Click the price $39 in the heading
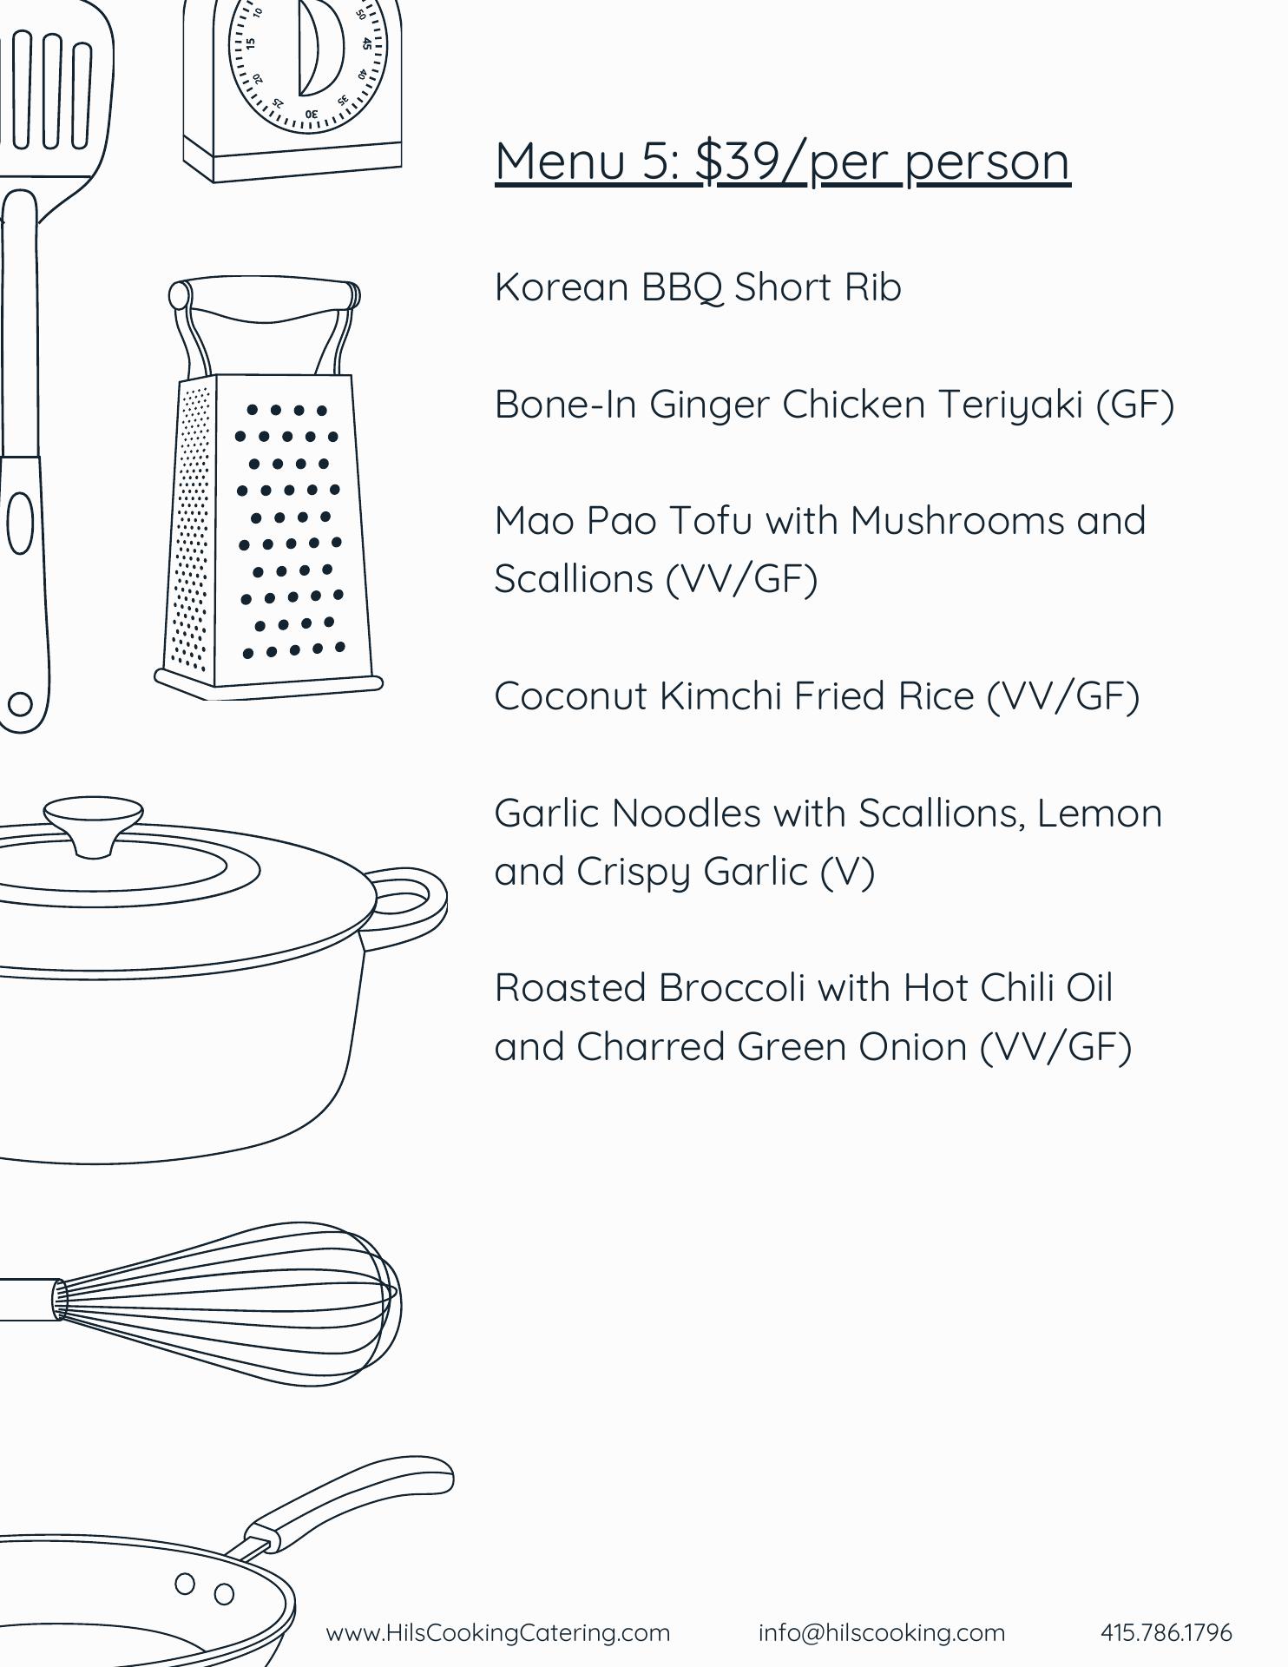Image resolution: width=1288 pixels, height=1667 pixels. pyautogui.click(x=738, y=161)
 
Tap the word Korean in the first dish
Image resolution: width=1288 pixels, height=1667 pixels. pyautogui.click(x=562, y=287)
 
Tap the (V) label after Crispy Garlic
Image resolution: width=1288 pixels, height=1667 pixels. pyautogui.click(x=847, y=872)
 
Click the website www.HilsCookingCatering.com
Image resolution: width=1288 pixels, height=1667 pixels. pyautogui.click(x=498, y=1633)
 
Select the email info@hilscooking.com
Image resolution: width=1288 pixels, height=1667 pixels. pyautogui.click(x=882, y=1633)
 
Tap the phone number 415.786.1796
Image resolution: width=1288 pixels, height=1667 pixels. pyautogui.click(x=1166, y=1633)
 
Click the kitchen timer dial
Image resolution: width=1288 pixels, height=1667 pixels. pyautogui.click(x=308, y=52)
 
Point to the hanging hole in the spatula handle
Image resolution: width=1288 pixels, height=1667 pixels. pyautogui.click(x=20, y=704)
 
